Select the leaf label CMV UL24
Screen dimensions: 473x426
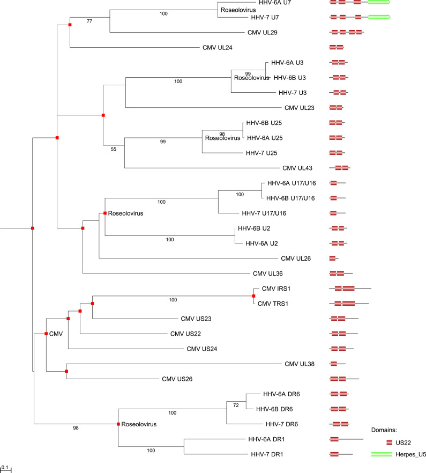(x=221, y=47)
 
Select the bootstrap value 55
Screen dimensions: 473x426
(x=113, y=150)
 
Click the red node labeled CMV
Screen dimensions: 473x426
(x=46, y=334)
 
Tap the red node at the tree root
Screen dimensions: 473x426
(x=33, y=228)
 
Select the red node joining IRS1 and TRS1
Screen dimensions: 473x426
(x=253, y=295)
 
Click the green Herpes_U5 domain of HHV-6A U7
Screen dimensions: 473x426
(x=379, y=3)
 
